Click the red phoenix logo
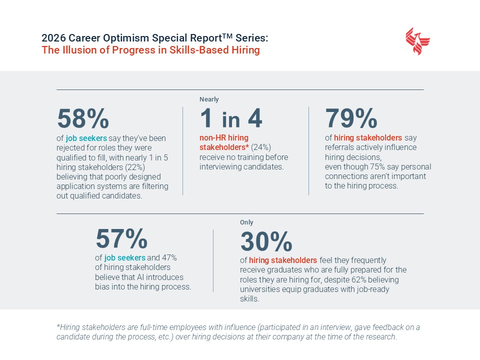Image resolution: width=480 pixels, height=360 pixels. coord(418,41)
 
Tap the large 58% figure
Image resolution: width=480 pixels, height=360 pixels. coord(83,118)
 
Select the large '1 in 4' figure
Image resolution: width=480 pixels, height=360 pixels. coord(231,118)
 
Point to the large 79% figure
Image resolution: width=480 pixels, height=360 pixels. coord(351,118)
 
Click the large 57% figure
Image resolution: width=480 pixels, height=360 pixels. coord(121,238)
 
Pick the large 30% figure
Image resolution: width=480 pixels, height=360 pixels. coord(266,242)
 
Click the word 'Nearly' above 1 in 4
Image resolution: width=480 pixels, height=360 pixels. coord(209,99)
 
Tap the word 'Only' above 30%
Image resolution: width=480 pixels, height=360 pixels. coord(247,222)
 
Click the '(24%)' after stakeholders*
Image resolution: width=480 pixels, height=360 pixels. coord(260,147)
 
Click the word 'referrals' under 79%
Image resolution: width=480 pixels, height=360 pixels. coord(341,147)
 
